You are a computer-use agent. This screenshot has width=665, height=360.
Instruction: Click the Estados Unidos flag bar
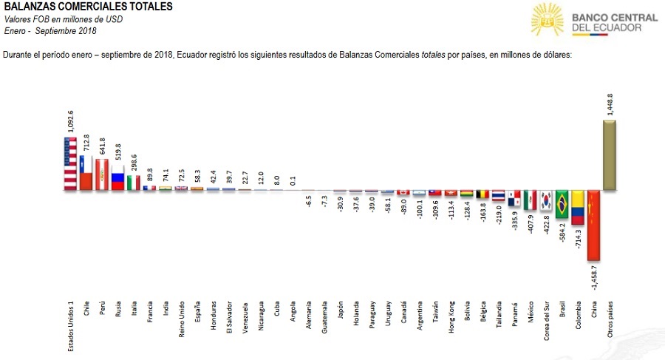click(69, 164)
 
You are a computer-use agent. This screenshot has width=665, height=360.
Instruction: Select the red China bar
click(593, 225)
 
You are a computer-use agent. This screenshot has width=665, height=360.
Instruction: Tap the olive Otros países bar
click(610, 155)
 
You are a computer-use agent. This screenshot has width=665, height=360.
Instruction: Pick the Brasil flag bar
click(562, 205)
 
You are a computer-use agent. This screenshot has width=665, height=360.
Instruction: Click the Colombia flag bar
click(578, 208)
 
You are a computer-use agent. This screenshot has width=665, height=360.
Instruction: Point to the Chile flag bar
click(86, 173)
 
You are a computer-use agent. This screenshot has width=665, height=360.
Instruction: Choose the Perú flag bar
click(102, 174)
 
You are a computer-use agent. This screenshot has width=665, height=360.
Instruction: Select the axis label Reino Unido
click(183, 324)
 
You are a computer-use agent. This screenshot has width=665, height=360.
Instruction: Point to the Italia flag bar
click(134, 183)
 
